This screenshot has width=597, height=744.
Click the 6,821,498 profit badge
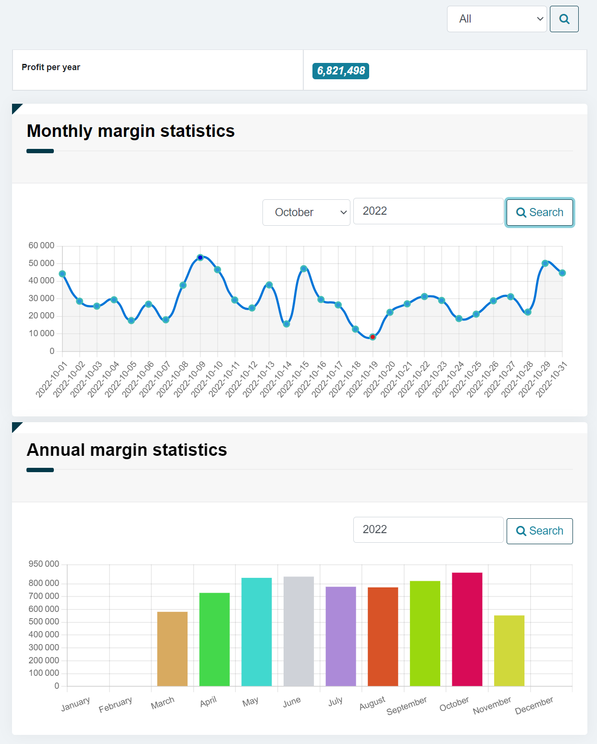(x=341, y=71)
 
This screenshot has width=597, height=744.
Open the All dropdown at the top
(x=497, y=19)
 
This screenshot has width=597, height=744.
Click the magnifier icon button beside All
(x=564, y=19)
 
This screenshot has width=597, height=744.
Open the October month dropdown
(x=306, y=212)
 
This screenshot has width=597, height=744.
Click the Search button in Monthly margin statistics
(x=539, y=212)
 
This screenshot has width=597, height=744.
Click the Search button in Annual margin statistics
(x=539, y=531)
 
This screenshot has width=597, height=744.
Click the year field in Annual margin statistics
(x=428, y=530)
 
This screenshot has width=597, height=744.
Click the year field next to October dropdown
(x=428, y=211)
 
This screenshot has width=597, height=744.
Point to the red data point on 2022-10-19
(x=373, y=337)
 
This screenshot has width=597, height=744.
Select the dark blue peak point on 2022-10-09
(x=200, y=258)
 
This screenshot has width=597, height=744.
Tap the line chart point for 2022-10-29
(x=545, y=263)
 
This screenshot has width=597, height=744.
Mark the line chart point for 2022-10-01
(x=62, y=274)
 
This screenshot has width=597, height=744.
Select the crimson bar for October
(x=467, y=629)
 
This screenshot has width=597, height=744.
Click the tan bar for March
(x=172, y=648)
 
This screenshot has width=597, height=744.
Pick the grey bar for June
(x=298, y=631)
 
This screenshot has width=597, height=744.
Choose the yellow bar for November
(x=509, y=650)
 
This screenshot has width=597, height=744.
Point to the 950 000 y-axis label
(x=44, y=564)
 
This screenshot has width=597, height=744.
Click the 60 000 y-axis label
(x=41, y=245)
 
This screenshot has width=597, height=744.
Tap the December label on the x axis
(x=534, y=705)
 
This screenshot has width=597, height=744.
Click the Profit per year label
(x=51, y=67)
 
